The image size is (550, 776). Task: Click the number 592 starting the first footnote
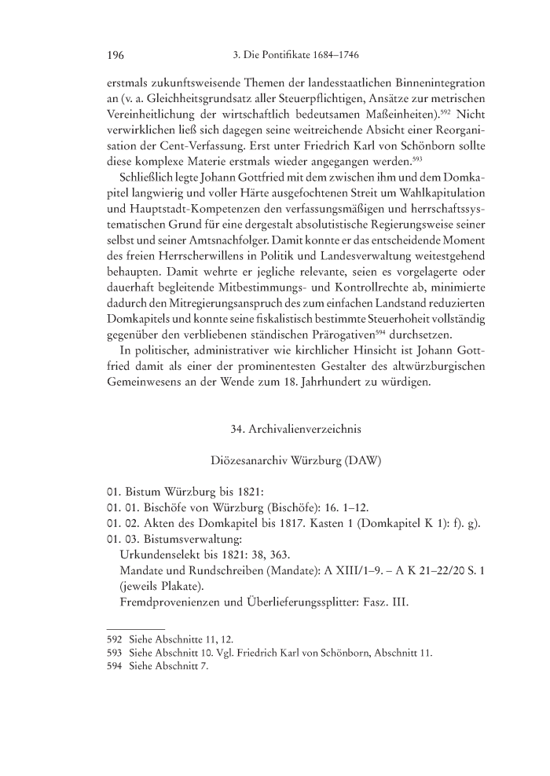115,640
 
